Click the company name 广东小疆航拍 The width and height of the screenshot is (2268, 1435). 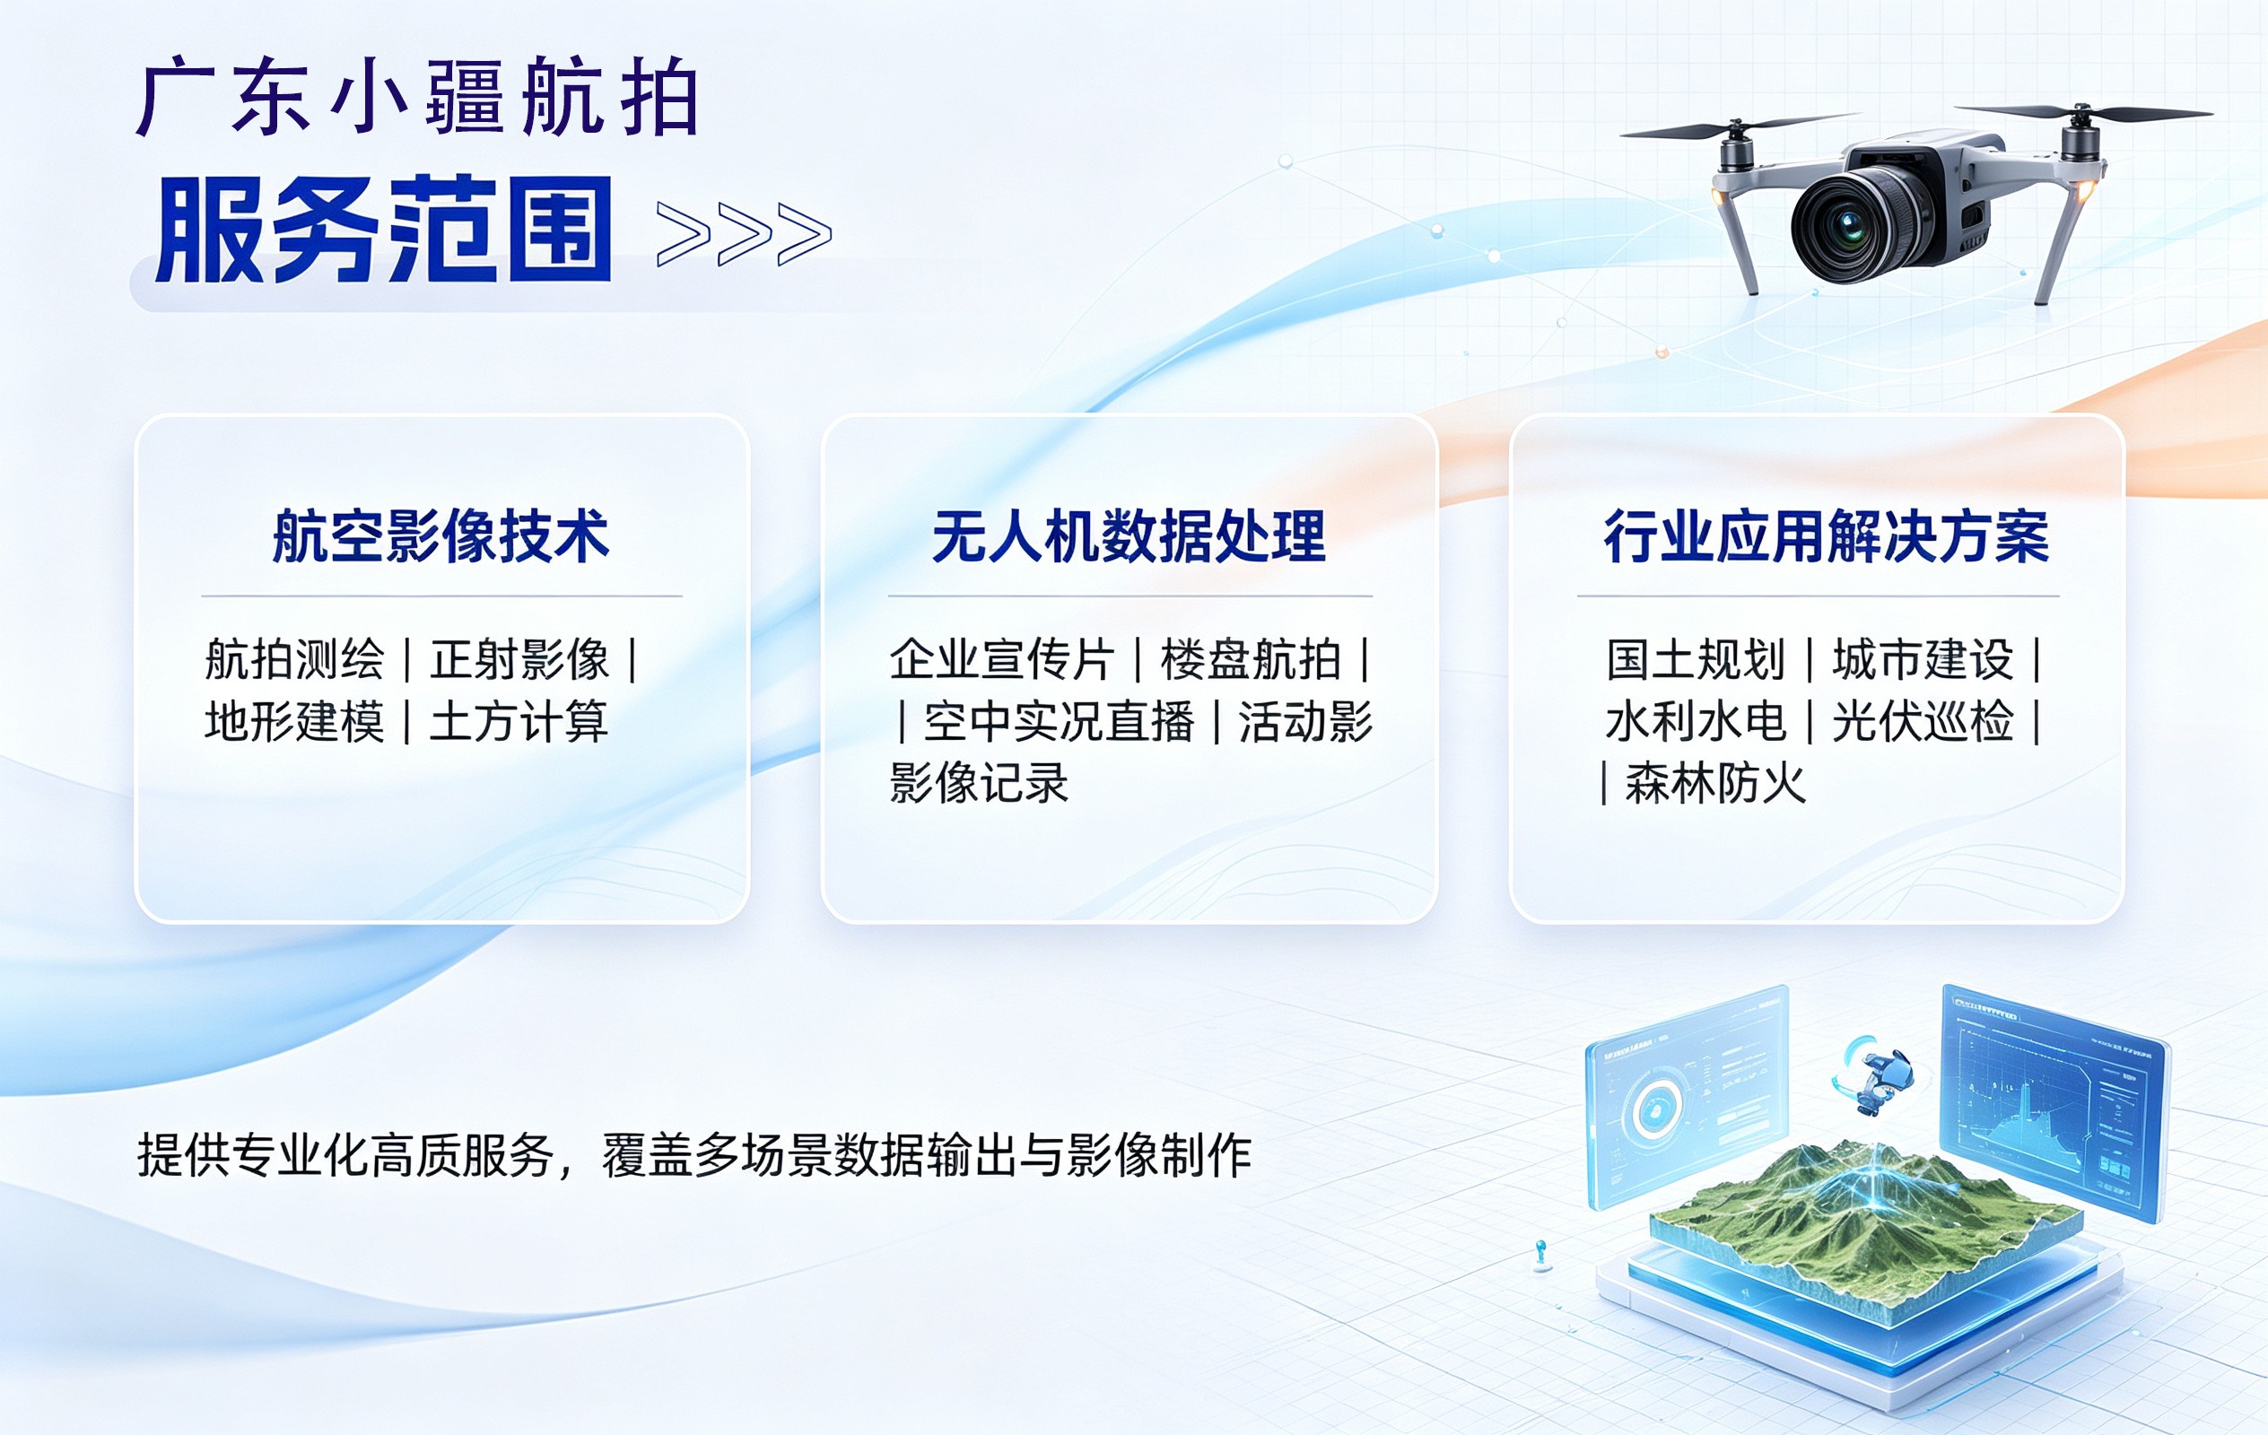[417, 97]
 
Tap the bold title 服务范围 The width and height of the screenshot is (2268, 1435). [384, 230]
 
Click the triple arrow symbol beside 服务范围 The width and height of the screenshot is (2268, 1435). [744, 233]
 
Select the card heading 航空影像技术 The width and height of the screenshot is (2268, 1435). [441, 535]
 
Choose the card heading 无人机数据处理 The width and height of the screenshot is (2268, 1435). [1129, 535]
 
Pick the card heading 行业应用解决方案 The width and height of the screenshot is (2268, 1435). [1827, 535]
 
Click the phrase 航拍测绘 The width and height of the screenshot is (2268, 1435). [295, 659]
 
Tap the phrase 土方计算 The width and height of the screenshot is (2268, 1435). [519, 721]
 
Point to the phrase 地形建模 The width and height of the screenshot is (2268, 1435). [295, 721]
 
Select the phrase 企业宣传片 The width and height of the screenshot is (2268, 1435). [1002, 659]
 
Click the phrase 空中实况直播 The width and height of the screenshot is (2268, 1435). [1059, 721]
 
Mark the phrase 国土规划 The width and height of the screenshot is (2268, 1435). [1697, 659]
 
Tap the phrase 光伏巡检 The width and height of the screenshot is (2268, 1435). [1923, 721]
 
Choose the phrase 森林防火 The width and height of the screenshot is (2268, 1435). [1716, 783]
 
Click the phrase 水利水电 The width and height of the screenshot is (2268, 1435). [1697, 721]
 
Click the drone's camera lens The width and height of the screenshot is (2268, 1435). [1851, 225]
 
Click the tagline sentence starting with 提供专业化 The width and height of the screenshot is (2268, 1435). [694, 1155]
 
